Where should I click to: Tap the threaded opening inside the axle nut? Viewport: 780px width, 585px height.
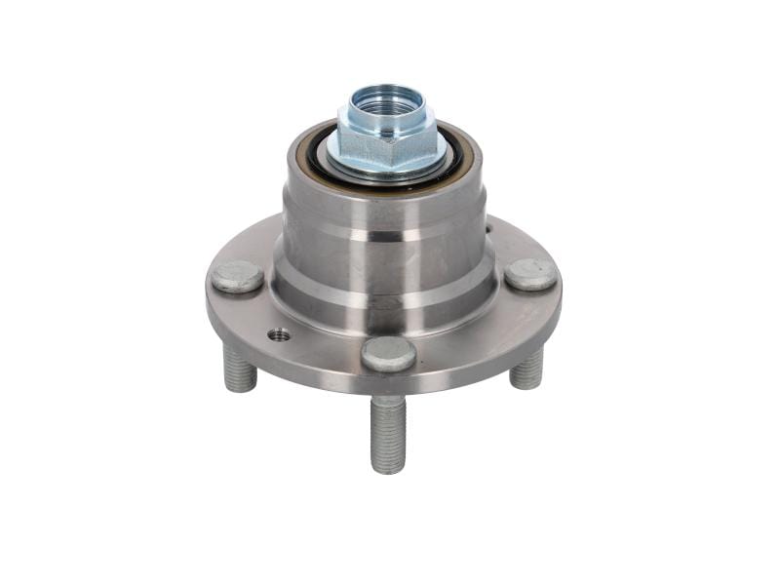[x=388, y=100]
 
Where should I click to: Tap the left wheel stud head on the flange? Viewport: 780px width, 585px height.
[x=237, y=276]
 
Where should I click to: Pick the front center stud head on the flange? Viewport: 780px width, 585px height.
[x=388, y=354]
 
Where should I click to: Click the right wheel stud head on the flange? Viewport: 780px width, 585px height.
[x=530, y=274]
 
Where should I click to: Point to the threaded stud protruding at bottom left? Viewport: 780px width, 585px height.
[x=240, y=369]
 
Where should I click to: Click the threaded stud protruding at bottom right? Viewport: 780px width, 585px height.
[x=526, y=368]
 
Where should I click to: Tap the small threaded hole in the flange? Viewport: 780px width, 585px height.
[x=280, y=335]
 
